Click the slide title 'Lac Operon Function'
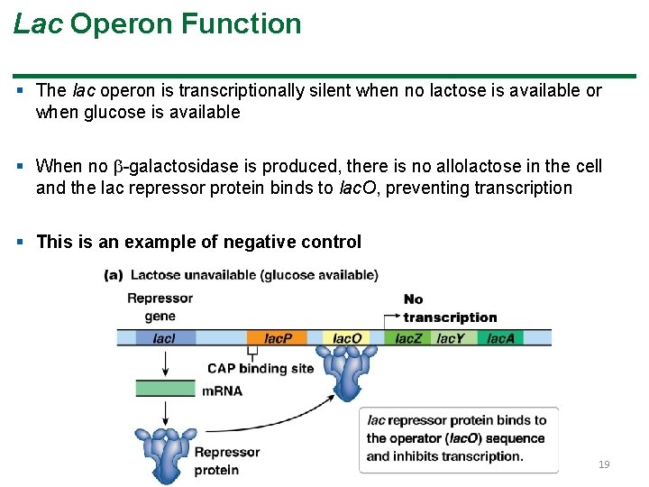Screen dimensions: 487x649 click(x=158, y=23)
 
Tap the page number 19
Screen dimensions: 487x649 click(x=604, y=464)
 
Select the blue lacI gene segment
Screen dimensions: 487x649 click(x=165, y=338)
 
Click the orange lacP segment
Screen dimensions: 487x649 click(x=278, y=338)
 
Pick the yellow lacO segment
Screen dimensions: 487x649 click(x=347, y=338)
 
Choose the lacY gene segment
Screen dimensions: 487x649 click(x=451, y=338)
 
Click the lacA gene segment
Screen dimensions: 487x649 click(x=501, y=338)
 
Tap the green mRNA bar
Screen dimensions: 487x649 click(x=165, y=390)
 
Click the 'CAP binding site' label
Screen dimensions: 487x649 click(x=261, y=368)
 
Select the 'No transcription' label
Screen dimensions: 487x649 click(x=449, y=308)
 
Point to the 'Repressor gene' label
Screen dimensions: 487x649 click(x=160, y=307)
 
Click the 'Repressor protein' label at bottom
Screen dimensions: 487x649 click(x=227, y=460)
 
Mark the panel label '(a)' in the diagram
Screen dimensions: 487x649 click(x=114, y=275)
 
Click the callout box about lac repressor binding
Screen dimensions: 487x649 click(x=458, y=438)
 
